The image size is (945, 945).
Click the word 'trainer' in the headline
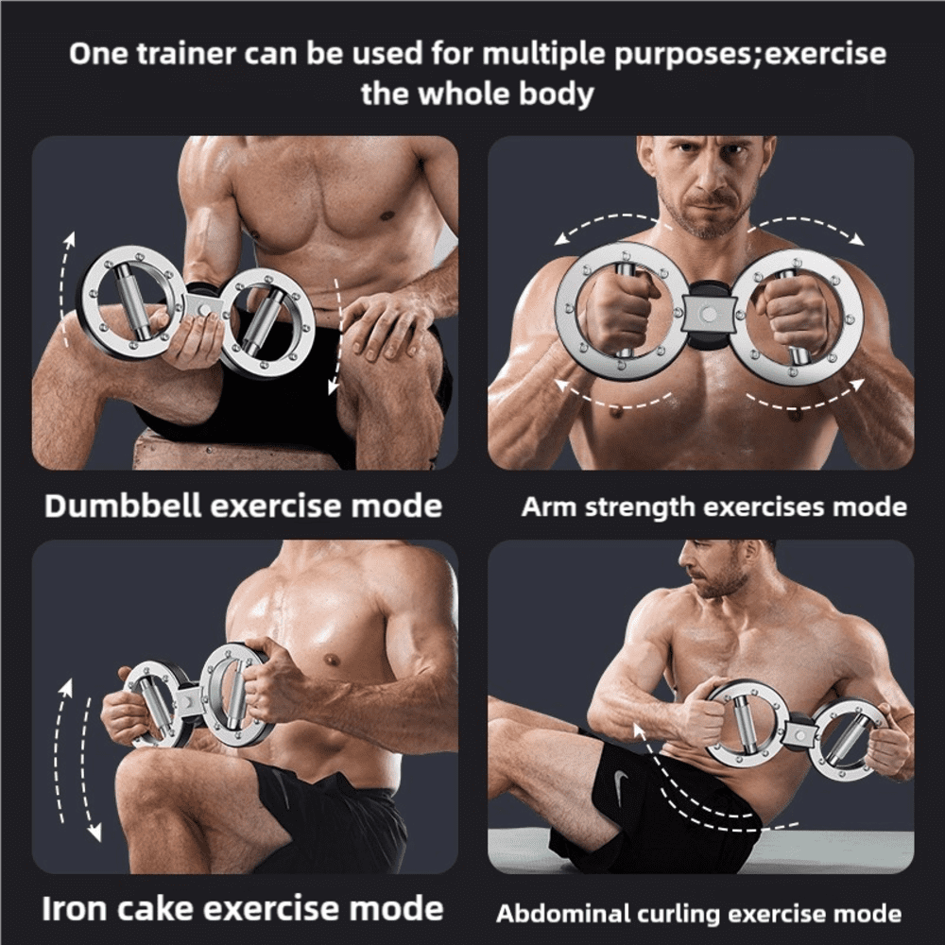pos(185,53)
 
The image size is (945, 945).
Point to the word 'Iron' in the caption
pos(75,908)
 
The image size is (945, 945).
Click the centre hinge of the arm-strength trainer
pos(709,314)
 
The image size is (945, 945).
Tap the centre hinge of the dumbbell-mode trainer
pos(205,307)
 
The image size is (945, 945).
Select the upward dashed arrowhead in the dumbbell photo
pos(71,239)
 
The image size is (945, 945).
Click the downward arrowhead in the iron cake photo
pos(94,833)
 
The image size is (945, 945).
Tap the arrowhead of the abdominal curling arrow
pos(639,730)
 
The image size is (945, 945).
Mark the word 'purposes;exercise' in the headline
pos(750,54)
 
